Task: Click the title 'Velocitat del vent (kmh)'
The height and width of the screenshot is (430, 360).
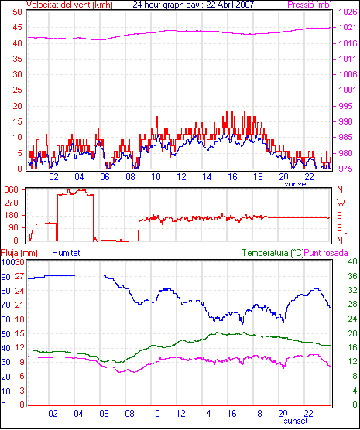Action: click(x=69, y=5)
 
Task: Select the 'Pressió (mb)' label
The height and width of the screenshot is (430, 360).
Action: click(x=310, y=5)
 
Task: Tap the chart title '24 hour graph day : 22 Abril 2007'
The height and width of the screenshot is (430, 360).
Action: click(x=194, y=5)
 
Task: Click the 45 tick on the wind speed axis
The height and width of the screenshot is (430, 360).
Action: click(x=17, y=27)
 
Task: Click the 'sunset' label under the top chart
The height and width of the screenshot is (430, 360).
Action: click(x=297, y=184)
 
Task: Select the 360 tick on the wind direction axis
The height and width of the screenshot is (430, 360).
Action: click(x=12, y=189)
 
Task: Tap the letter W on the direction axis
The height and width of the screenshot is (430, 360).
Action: click(x=341, y=203)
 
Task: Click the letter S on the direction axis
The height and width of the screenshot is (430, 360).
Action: click(x=339, y=216)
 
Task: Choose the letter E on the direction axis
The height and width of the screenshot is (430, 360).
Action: click(x=339, y=228)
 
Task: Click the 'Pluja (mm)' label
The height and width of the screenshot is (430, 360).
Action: click(x=19, y=253)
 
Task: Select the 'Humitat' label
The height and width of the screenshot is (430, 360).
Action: click(x=66, y=253)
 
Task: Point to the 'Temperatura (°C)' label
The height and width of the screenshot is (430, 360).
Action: click(x=273, y=253)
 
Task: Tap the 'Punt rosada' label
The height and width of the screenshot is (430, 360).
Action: click(x=326, y=253)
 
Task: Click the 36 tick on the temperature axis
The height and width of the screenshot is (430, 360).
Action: click(x=352, y=276)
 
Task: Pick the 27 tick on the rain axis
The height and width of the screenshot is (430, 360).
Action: click(x=19, y=276)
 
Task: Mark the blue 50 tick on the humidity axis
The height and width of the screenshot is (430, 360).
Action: click(x=5, y=334)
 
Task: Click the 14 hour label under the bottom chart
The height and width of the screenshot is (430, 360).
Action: click(x=206, y=413)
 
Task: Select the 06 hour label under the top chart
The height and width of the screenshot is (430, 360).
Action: click(x=105, y=177)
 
